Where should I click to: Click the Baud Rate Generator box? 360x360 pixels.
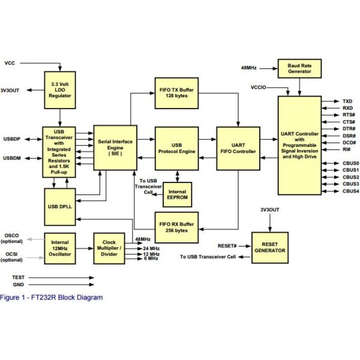(x=299, y=68)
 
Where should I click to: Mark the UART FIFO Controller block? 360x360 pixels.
(x=238, y=148)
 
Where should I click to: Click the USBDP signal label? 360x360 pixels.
(x=12, y=139)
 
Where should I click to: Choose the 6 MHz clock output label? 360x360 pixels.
(x=151, y=259)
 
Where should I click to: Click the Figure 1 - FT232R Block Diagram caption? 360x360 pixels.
(x=52, y=297)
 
